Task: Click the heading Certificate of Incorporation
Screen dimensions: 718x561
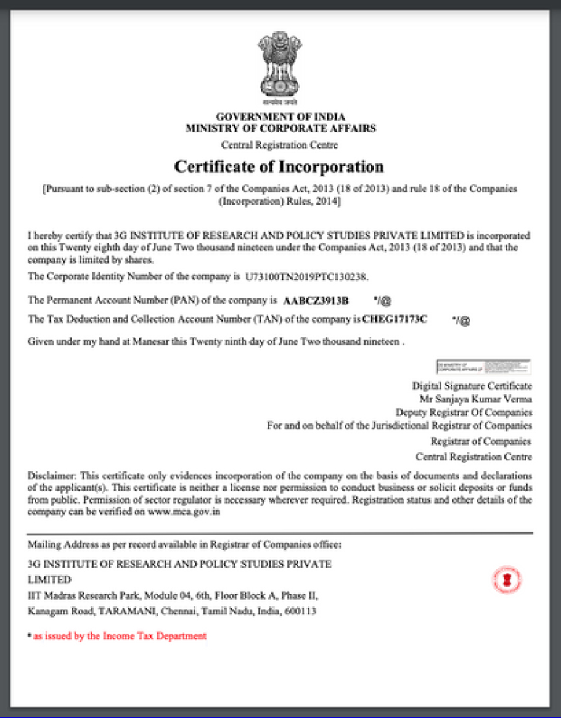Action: click(x=279, y=167)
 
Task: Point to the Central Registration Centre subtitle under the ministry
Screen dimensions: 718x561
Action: click(x=280, y=145)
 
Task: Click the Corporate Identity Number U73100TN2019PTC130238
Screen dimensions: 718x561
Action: click(x=306, y=277)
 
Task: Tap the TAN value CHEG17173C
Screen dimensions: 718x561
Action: click(x=395, y=319)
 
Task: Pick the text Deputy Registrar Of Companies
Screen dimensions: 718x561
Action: click(x=464, y=412)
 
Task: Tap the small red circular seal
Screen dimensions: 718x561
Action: click(x=507, y=579)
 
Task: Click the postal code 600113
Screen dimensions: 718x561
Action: click(x=301, y=612)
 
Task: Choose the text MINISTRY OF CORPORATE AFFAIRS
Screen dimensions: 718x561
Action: click(x=280, y=129)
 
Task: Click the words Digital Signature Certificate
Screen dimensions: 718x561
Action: click(x=472, y=386)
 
